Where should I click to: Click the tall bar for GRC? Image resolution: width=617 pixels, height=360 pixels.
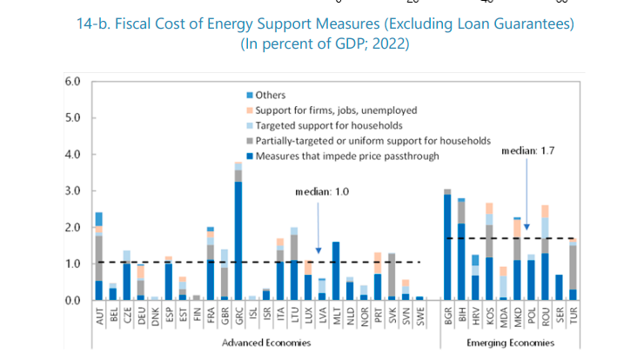pos(238,235)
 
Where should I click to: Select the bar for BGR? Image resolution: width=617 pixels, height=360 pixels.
pos(447,247)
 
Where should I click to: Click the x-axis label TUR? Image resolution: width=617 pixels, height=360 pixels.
pos(573,316)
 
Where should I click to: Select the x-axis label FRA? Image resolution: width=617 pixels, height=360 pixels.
pos(211,316)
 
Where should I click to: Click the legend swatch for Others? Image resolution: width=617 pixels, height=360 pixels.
pos(250,95)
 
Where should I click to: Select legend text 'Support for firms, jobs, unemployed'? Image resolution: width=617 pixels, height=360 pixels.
pos(337,110)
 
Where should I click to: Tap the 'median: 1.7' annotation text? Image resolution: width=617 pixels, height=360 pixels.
pos(526,151)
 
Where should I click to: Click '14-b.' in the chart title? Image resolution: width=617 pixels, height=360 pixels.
pos(94,23)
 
